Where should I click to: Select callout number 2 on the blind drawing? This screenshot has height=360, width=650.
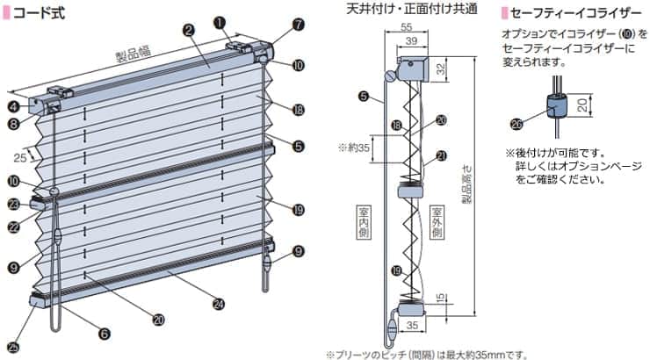188,29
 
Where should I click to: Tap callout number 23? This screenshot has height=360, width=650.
14,204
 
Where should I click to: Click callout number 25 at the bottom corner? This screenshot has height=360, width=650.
12,346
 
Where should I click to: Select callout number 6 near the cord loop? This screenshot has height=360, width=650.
105,334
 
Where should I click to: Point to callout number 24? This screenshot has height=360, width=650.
218,305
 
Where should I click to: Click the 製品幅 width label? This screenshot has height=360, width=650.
132,55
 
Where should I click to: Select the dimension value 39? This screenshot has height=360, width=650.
411,42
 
